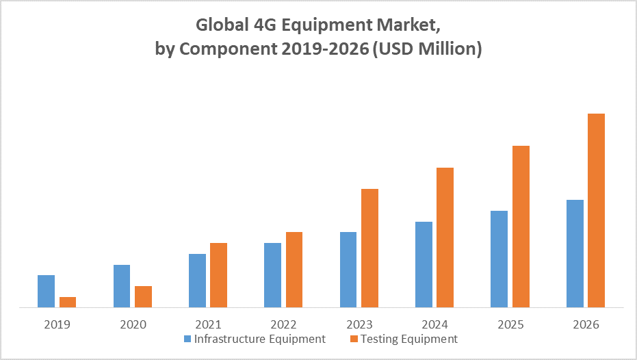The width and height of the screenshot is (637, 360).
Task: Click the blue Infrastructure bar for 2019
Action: (46, 292)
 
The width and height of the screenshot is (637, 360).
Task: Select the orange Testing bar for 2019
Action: (68, 303)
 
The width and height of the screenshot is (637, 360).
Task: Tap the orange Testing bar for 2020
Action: (143, 297)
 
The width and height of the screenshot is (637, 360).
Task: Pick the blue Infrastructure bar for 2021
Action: (197, 281)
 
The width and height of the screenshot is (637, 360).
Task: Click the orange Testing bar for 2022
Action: (294, 270)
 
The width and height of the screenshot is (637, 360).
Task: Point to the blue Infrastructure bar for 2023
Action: (348, 270)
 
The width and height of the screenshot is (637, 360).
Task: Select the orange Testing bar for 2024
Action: (445, 237)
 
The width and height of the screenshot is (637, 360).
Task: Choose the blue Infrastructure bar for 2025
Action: (499, 259)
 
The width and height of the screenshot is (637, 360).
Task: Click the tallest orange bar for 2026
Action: (596, 211)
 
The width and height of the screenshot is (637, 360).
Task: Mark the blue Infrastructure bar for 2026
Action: (575, 254)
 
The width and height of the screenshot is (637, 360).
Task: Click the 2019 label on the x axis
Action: (57, 324)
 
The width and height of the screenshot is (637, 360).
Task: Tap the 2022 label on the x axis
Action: (283, 324)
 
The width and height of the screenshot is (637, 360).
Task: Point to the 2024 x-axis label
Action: (434, 324)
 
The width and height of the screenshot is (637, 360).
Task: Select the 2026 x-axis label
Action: (585, 324)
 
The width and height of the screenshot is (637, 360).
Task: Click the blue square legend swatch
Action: (187, 339)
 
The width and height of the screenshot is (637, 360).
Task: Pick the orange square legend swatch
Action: (354, 339)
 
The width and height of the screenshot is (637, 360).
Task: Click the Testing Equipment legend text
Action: (409, 339)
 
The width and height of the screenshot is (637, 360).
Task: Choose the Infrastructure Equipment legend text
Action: (260, 339)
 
